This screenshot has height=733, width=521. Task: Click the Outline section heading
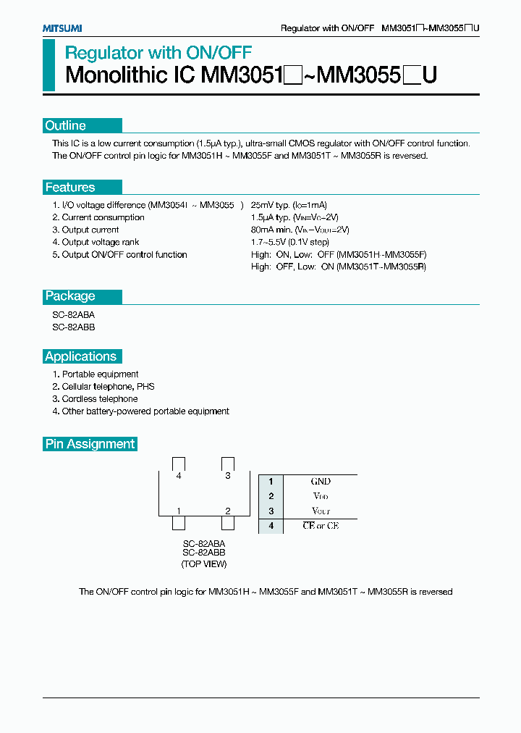pos(65,125)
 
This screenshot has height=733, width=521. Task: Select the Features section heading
pos(69,188)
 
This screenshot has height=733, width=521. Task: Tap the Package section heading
pos(70,296)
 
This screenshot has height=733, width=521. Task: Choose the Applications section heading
pos(80,356)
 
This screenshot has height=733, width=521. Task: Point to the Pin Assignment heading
pos(90,444)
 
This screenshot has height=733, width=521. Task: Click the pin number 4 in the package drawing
pos(178,476)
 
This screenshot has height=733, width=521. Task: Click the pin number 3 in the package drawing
pos(228,476)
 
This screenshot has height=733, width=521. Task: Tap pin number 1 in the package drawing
pos(178,511)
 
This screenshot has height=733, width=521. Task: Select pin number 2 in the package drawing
pos(228,511)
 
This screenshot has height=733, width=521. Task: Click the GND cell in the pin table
pos(321,482)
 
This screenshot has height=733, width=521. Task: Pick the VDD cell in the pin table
pos(321,496)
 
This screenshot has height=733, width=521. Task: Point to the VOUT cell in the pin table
pos(321,511)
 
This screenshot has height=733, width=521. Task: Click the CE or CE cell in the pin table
pos(321,526)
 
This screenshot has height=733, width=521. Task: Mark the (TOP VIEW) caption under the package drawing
pos(204,564)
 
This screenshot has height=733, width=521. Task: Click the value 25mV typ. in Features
pos(271,206)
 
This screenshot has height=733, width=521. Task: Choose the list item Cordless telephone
pos(99,399)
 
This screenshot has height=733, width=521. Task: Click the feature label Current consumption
pos(103,218)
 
